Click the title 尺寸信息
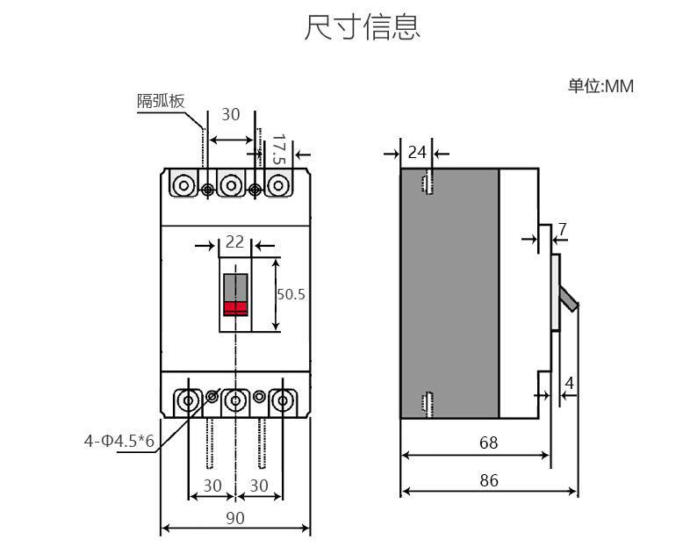pyautogui.click(x=362, y=27)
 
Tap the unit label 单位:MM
pyautogui.click(x=600, y=86)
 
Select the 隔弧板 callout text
pyautogui.click(x=161, y=100)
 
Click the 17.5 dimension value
pyautogui.click(x=279, y=149)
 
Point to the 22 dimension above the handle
pyautogui.click(x=234, y=241)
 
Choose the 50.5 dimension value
pyautogui.click(x=291, y=294)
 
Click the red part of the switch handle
pyautogui.click(x=235, y=307)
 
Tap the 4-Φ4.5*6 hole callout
pyautogui.click(x=119, y=441)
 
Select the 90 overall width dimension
pyautogui.click(x=234, y=518)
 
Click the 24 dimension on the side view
pyautogui.click(x=417, y=152)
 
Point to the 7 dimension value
pyautogui.click(x=562, y=230)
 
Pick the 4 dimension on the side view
pyautogui.click(x=569, y=383)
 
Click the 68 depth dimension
pyautogui.click(x=488, y=443)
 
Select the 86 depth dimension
pyautogui.click(x=488, y=480)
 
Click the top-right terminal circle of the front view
pyautogui.click(x=279, y=185)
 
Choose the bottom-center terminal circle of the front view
pyautogui.click(x=234, y=401)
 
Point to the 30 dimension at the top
pyautogui.click(x=230, y=114)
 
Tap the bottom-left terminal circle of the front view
pyautogui.click(x=188, y=401)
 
